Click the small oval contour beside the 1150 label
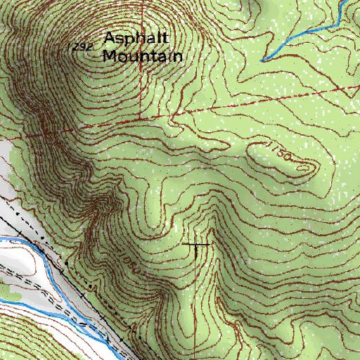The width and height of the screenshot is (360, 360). click(x=304, y=167)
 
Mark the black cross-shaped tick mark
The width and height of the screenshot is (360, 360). click(x=195, y=244)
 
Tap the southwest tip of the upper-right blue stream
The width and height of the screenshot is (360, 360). click(x=261, y=60)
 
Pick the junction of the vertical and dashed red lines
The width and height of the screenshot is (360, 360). click(x=140, y=117)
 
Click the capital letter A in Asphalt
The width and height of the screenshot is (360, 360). click(x=110, y=39)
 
